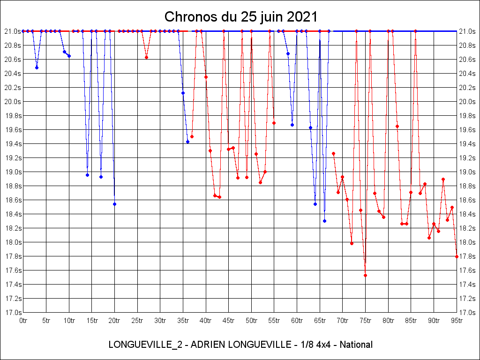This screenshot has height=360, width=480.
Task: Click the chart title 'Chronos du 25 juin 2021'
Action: (x=241, y=17)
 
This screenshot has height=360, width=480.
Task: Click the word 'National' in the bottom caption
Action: (x=356, y=345)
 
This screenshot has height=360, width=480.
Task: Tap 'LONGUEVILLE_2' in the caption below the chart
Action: (x=138, y=345)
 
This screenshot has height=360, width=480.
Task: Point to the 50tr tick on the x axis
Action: (x=251, y=321)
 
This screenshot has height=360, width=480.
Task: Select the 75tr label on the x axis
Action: (x=365, y=321)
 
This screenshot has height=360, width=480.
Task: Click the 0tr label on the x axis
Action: (x=23, y=321)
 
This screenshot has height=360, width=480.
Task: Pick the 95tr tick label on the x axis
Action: (x=457, y=321)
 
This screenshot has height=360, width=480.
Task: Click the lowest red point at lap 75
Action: (x=365, y=275)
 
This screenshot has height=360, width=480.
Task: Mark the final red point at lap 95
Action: (x=457, y=256)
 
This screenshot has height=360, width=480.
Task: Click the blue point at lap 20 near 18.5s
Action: (x=114, y=204)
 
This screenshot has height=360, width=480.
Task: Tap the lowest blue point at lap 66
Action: (x=324, y=221)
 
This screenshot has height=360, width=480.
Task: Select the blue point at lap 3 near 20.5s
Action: (x=37, y=67)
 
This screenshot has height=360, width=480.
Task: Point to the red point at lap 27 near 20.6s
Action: (x=146, y=58)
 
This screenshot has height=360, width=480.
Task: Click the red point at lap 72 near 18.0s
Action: (x=352, y=243)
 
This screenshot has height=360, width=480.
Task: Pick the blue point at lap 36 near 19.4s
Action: (x=187, y=142)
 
